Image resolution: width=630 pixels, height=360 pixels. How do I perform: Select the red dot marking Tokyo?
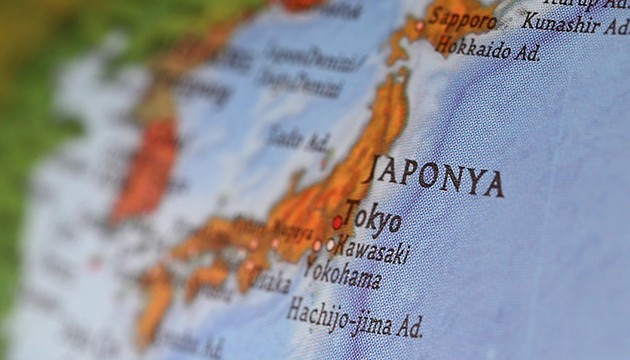click(x=338, y=222)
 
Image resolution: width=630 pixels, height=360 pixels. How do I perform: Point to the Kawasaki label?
click(x=373, y=249)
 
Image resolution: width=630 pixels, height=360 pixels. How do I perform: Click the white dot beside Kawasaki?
click(x=330, y=243)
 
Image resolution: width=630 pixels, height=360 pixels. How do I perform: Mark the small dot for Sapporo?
click(x=420, y=25)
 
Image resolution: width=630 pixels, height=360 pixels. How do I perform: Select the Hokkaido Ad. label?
click(x=488, y=49)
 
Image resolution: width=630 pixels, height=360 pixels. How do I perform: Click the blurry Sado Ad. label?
click(x=298, y=138)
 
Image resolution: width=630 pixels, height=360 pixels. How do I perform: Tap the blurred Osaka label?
click(x=271, y=282)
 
